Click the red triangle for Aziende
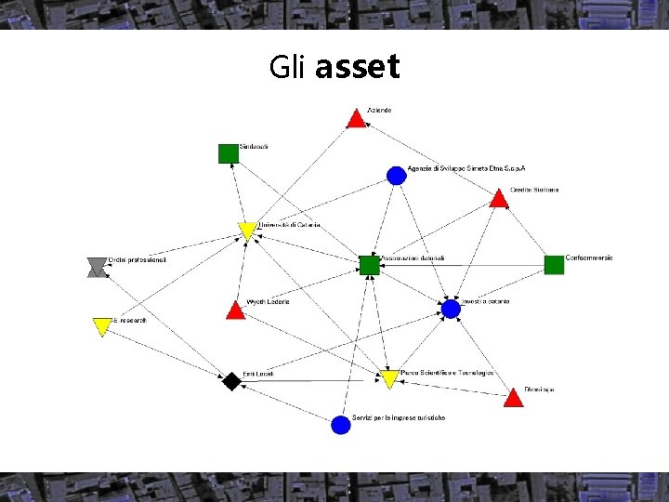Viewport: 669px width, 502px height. click(x=356, y=119)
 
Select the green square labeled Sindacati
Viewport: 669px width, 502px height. click(x=229, y=153)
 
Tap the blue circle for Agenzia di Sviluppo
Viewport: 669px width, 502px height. click(x=397, y=175)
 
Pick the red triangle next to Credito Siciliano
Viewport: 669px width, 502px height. click(x=499, y=199)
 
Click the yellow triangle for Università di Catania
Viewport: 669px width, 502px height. click(x=247, y=231)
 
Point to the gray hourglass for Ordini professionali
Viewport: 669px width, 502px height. click(x=97, y=268)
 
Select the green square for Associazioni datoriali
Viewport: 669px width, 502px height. click(x=370, y=265)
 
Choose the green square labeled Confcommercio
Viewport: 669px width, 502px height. click(x=554, y=265)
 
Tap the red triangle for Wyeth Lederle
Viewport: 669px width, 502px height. click(x=236, y=310)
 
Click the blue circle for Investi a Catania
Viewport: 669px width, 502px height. click(x=451, y=309)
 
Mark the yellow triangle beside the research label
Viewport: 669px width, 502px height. click(x=102, y=326)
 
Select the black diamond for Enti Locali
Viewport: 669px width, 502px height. click(x=231, y=381)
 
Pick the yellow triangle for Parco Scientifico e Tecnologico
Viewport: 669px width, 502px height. click(x=389, y=378)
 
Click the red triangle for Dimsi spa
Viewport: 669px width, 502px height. click(x=513, y=399)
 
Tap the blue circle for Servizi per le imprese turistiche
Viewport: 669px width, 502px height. click(x=341, y=424)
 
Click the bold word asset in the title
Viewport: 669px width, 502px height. click(x=358, y=67)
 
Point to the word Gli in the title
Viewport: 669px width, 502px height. click(x=289, y=67)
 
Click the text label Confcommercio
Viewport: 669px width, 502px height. click(x=589, y=258)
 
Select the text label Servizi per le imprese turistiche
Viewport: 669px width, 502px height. click(x=399, y=418)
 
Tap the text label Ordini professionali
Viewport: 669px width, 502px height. click(x=137, y=260)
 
